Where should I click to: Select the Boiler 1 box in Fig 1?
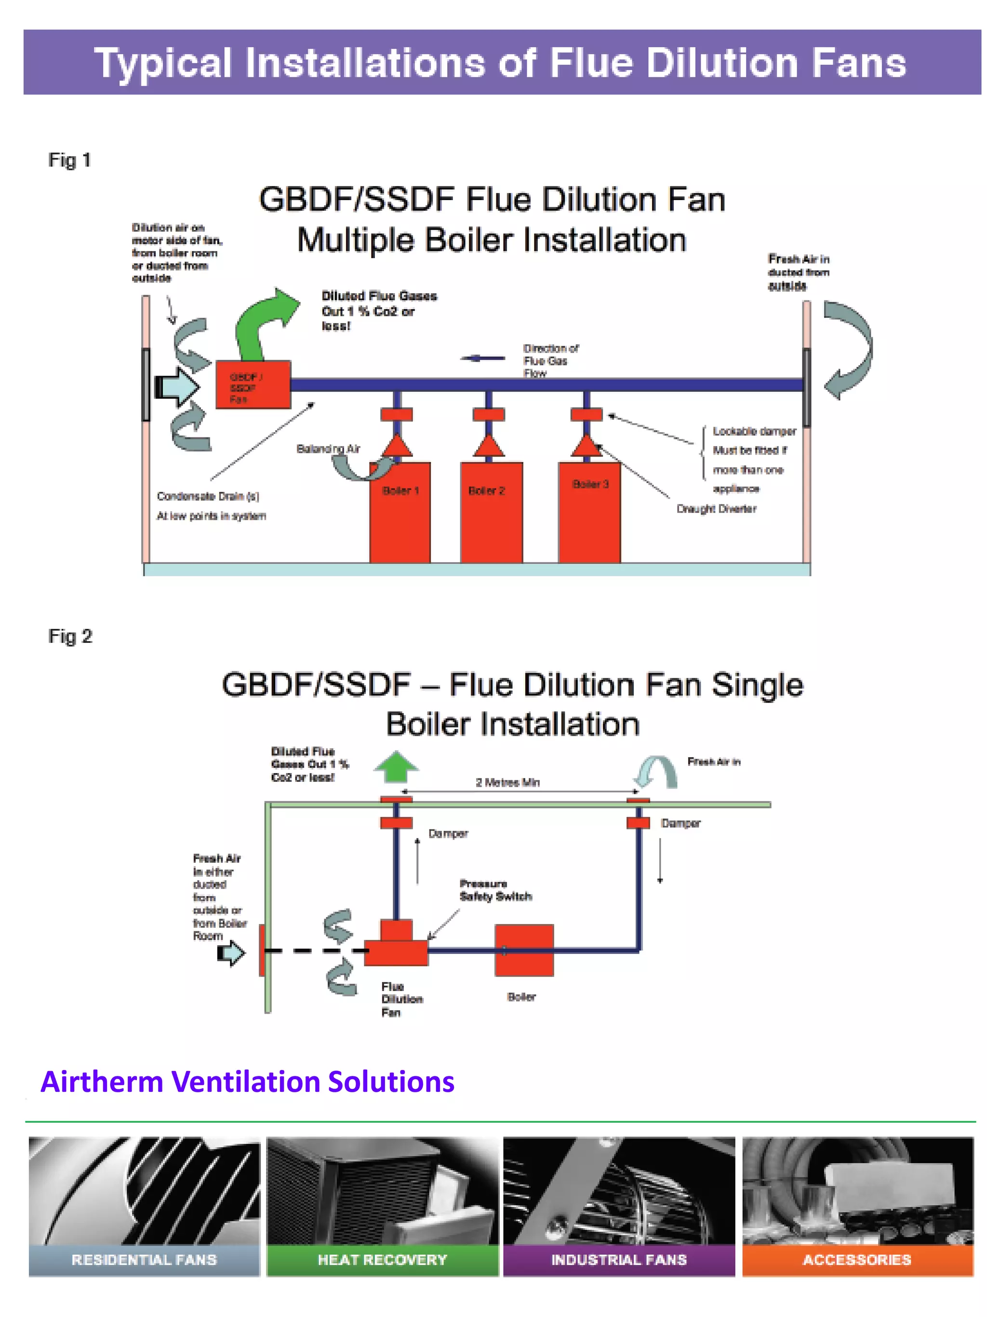click(400, 512)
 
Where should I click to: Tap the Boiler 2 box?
click(491, 512)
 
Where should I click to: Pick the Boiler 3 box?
click(589, 512)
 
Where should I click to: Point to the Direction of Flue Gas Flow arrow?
click(483, 358)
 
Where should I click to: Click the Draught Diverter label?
click(716, 509)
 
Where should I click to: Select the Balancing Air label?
click(328, 449)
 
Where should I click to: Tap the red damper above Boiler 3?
click(586, 414)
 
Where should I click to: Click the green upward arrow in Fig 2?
click(396, 766)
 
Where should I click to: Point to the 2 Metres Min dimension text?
click(507, 782)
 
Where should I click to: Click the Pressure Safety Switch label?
click(495, 890)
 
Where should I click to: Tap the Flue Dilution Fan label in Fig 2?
click(401, 1000)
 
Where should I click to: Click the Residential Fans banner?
click(144, 1260)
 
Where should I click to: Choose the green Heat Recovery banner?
click(382, 1260)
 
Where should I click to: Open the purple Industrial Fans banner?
click(619, 1260)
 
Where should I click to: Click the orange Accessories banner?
click(857, 1260)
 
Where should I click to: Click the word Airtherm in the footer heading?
click(102, 1082)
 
